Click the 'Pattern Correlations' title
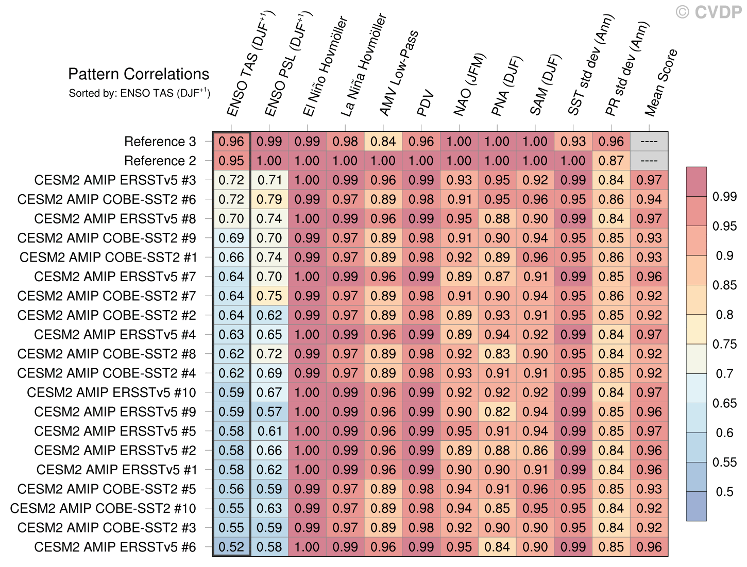139,74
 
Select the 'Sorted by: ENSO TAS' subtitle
139,93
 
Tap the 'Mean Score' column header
661,82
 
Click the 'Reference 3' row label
160,142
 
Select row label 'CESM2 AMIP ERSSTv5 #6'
115,547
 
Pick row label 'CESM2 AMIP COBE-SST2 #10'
103,508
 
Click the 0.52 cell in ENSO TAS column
231,547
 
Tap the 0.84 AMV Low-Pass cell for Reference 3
383,142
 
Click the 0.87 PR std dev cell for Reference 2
612,161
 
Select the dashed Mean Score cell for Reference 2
649,161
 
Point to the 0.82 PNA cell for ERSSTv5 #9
497,412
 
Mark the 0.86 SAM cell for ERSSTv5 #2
535,451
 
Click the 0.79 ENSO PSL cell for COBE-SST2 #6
269,199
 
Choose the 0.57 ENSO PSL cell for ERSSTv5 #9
269,412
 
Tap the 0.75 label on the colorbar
724,344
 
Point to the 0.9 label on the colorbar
724,255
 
